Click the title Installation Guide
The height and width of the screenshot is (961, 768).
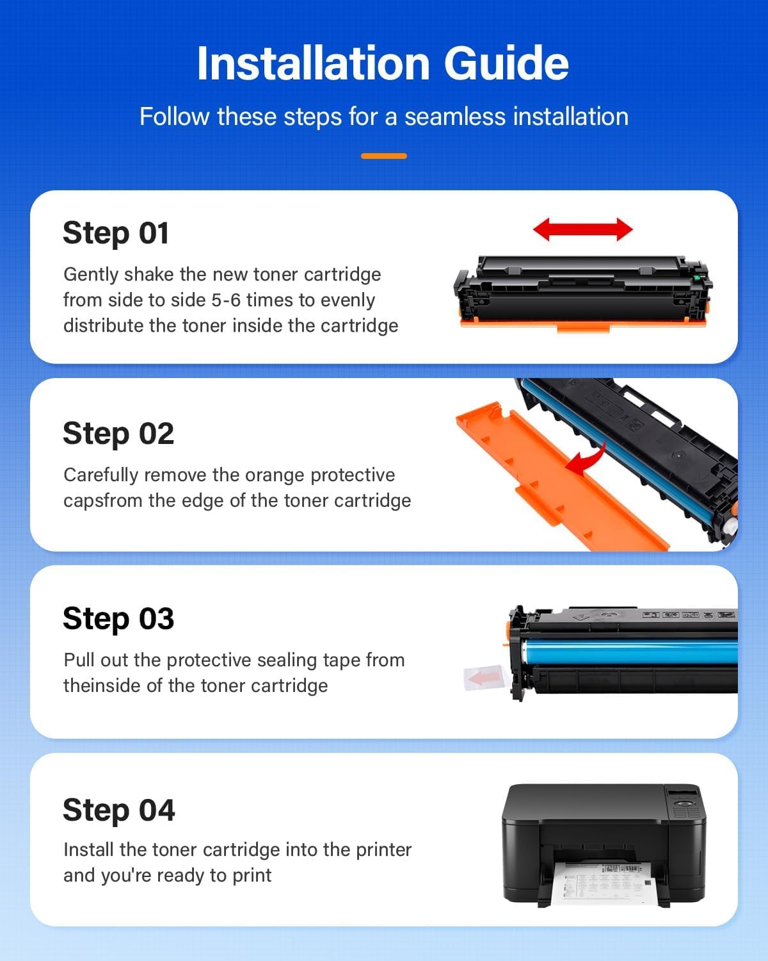click(383, 63)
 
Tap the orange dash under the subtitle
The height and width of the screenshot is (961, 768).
click(383, 156)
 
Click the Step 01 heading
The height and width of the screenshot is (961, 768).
click(116, 233)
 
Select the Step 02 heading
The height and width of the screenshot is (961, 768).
click(118, 434)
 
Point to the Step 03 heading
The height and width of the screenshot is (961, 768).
click(118, 619)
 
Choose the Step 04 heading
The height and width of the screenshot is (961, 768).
click(119, 810)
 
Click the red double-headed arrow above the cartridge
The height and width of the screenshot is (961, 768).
click(582, 229)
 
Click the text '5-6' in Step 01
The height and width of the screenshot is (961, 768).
click(226, 300)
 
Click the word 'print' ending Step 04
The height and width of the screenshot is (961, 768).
click(252, 875)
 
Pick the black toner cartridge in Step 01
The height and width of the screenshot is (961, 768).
click(582, 292)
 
